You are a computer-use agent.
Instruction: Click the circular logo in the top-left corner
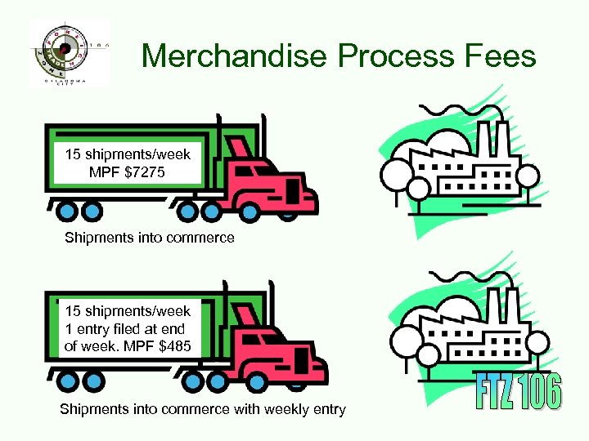[x=65, y=51]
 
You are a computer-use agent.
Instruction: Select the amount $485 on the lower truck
[x=173, y=346]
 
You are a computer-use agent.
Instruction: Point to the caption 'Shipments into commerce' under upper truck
[x=150, y=238]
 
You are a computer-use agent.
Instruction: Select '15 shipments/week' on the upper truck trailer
[x=128, y=155]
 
